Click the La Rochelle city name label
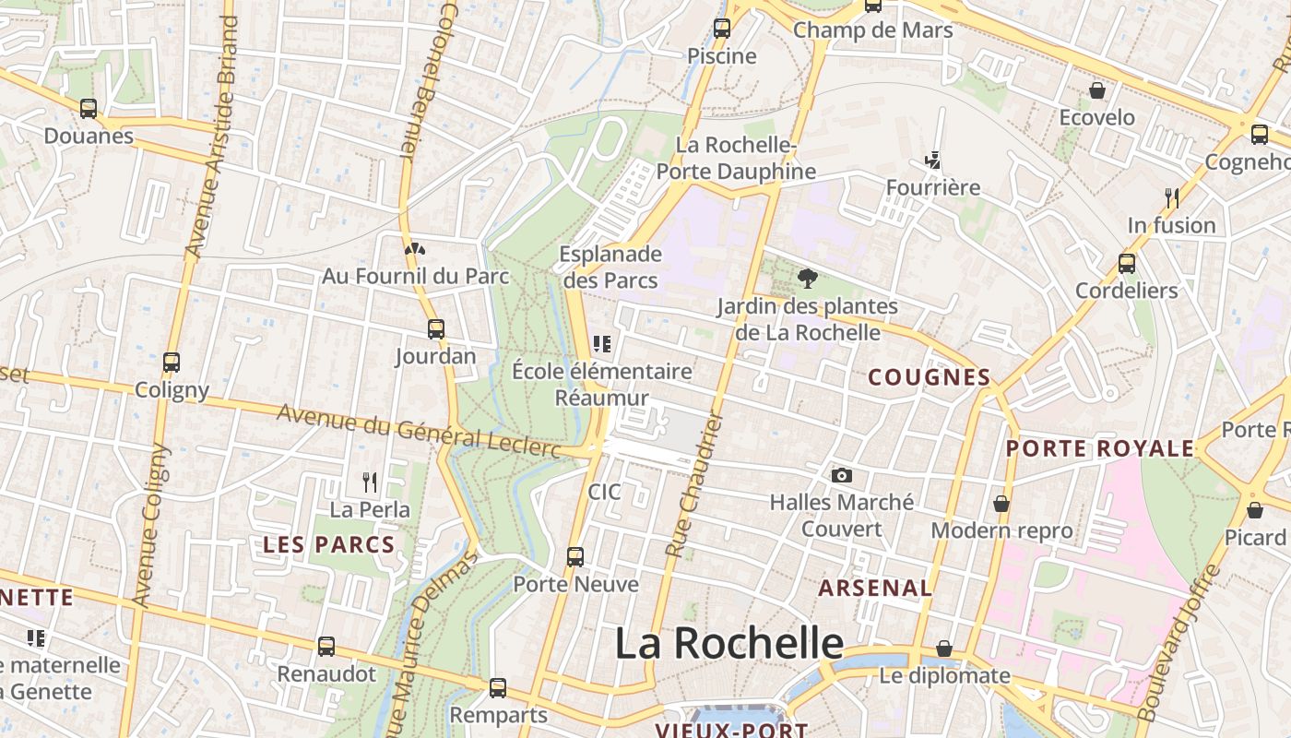(x=728, y=643)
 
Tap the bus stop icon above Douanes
(x=89, y=109)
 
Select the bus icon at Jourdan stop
(x=435, y=328)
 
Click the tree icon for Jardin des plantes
(x=807, y=278)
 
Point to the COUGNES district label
(x=930, y=377)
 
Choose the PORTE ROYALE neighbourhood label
(x=1099, y=449)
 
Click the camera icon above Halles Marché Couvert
(x=841, y=475)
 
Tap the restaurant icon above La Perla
(x=370, y=482)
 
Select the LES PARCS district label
(x=329, y=545)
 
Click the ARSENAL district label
(x=875, y=588)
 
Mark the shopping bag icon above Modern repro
(x=1001, y=504)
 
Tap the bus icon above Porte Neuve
(x=575, y=556)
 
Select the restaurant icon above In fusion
(x=1171, y=197)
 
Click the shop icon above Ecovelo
(x=1097, y=90)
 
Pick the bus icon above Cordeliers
(x=1126, y=263)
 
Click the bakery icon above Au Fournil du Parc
(x=415, y=248)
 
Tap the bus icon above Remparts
(x=497, y=687)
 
